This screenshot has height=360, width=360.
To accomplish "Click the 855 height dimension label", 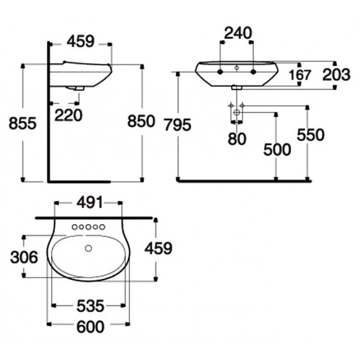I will [x=22, y=124].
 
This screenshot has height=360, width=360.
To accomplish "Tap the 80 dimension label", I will [x=237, y=139].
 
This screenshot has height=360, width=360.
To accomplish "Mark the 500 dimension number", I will [x=276, y=149].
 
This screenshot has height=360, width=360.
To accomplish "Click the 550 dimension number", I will [x=310, y=135].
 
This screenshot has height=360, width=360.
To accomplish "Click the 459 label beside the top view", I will [x=159, y=249].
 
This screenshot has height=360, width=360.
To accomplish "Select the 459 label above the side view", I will [x=80, y=42].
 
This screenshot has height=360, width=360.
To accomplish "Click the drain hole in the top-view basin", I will [x=89, y=249].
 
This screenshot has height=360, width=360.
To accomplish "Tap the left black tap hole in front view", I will [x=220, y=72].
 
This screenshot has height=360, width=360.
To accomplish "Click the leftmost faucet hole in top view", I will [x=74, y=227].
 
